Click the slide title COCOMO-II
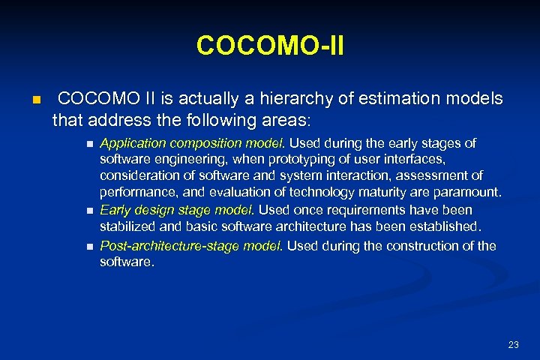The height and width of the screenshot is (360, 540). (x=270, y=45)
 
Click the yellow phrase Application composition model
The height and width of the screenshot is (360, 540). (x=193, y=142)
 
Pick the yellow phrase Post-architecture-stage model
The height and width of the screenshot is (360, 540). (x=191, y=246)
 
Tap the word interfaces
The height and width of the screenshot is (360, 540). (x=412, y=159)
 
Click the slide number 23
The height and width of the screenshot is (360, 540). (x=513, y=345)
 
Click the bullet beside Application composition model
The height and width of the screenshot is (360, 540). (x=89, y=143)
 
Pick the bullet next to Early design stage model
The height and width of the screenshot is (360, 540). (x=89, y=211)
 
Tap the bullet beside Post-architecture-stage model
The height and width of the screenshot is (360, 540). (x=89, y=247)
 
